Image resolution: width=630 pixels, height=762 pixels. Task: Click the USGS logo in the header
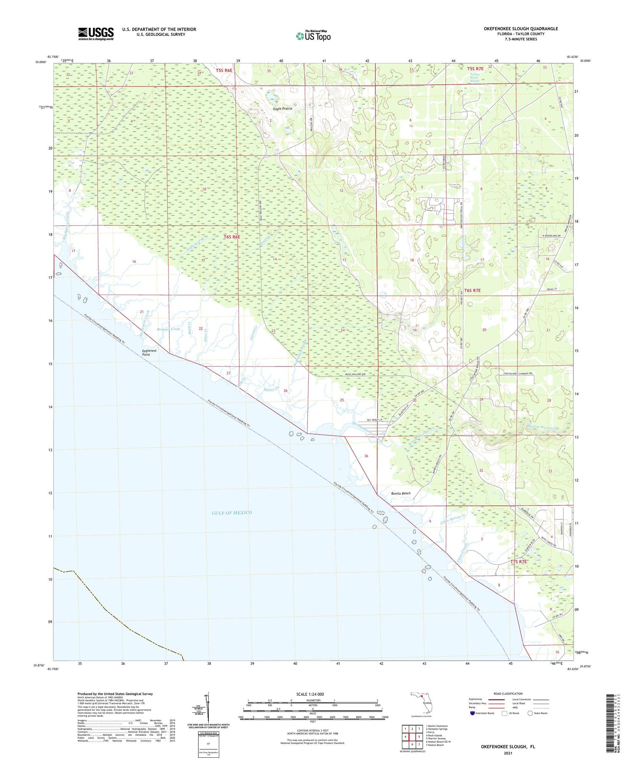(x=96, y=34)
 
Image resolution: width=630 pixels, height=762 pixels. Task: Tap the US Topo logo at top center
(x=313, y=36)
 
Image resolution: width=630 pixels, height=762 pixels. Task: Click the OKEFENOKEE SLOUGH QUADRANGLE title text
(x=520, y=29)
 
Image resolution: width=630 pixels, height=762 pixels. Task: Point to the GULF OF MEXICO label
(x=232, y=512)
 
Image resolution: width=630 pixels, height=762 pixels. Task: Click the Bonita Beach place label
(x=401, y=493)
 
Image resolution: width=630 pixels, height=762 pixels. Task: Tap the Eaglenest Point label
(x=149, y=352)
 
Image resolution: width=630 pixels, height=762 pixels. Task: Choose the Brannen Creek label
(x=168, y=329)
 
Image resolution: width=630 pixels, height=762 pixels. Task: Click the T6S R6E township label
(x=232, y=237)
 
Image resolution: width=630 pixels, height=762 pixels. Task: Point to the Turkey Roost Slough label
(x=474, y=76)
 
